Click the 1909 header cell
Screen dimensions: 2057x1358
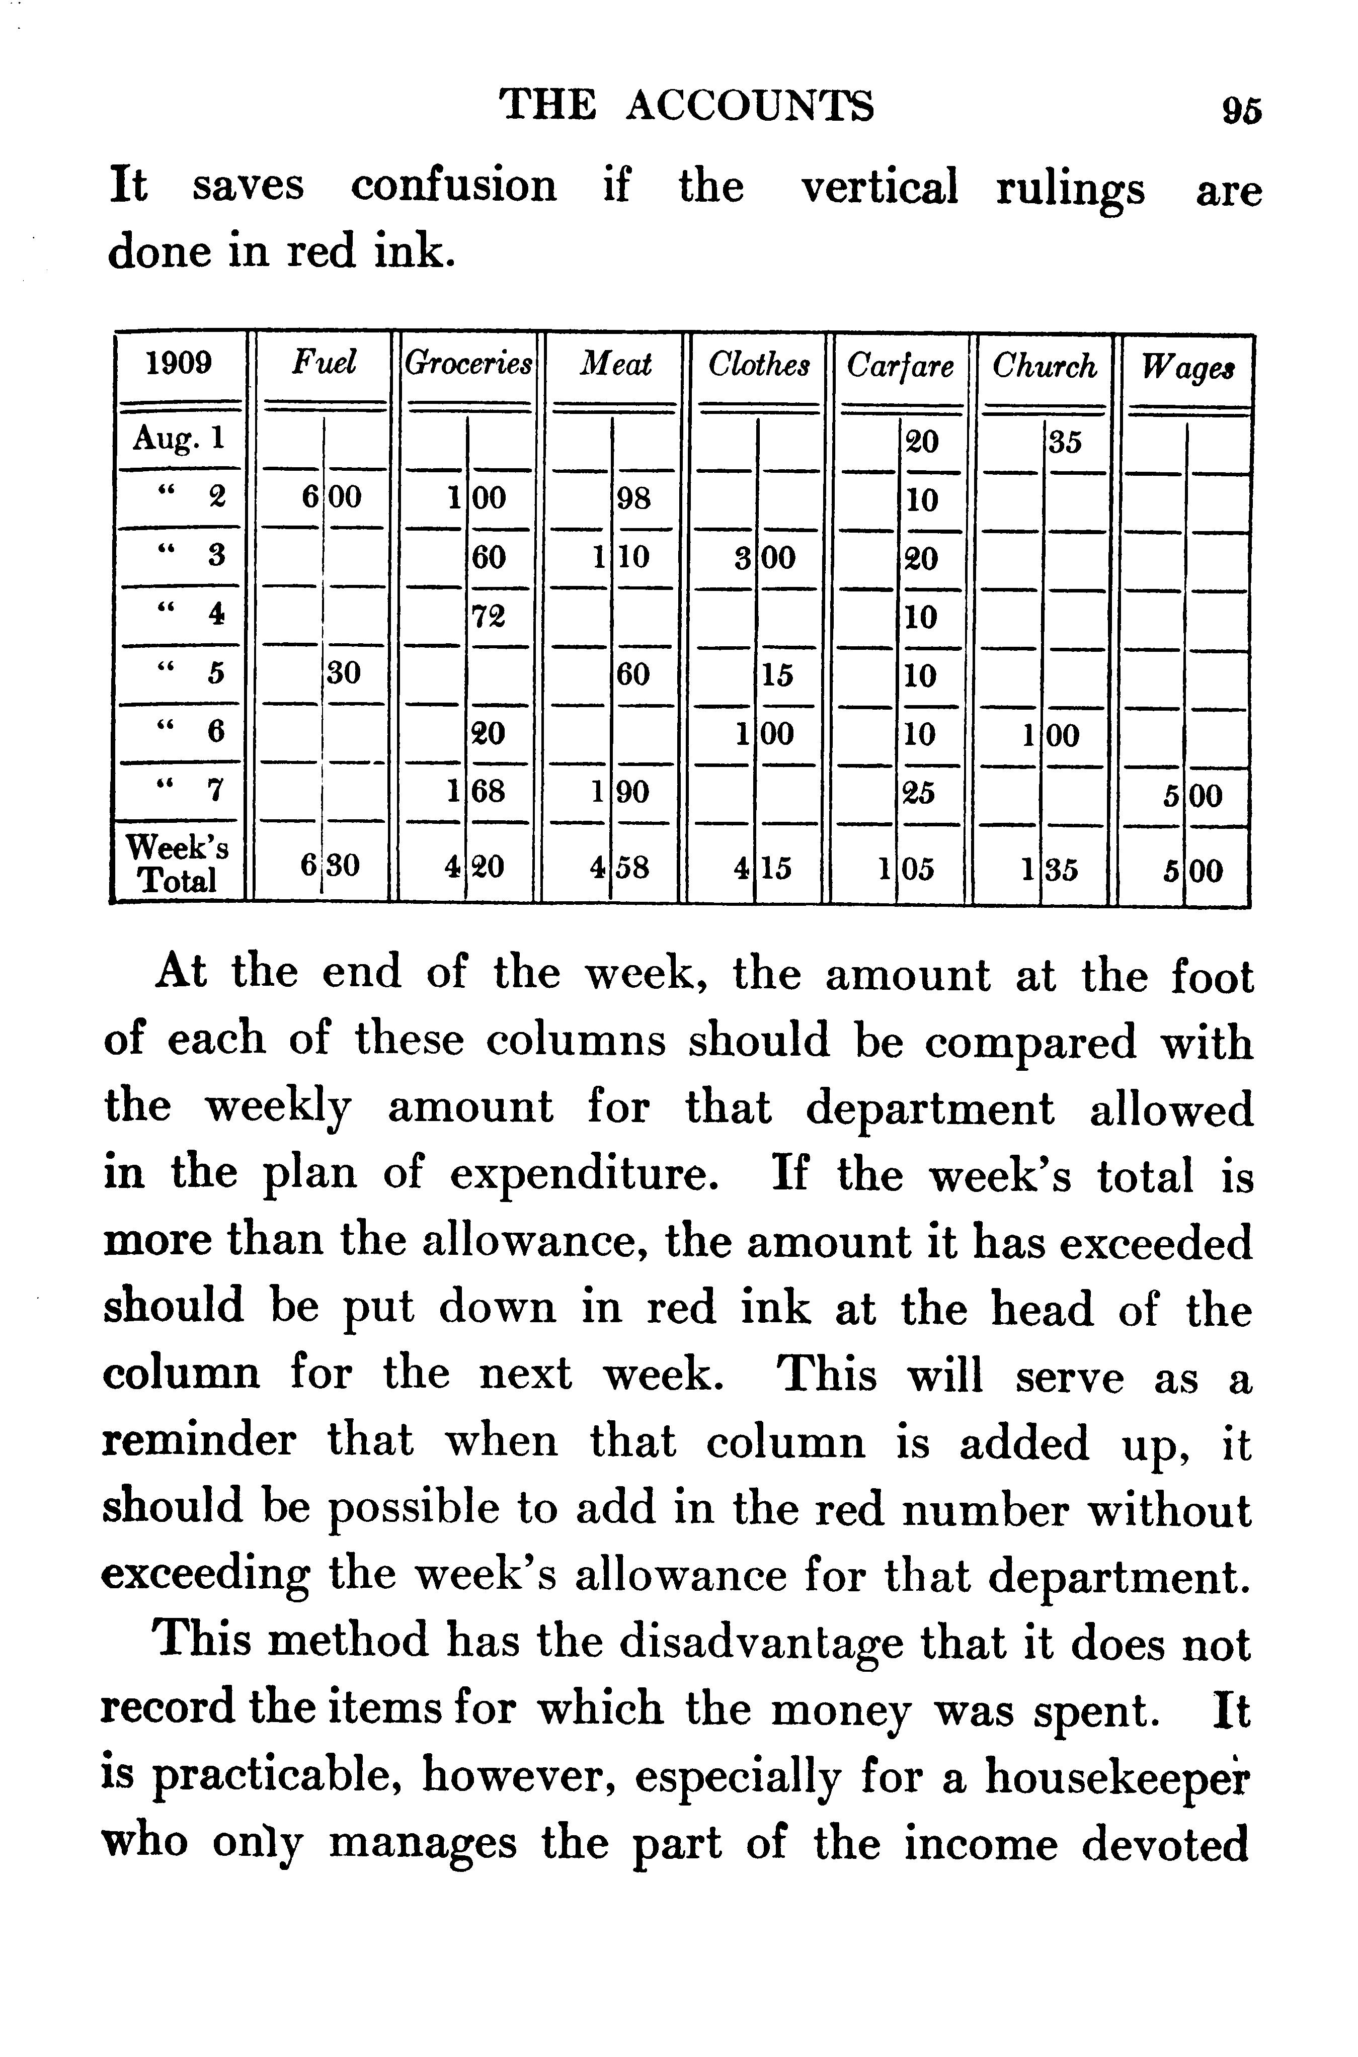pos(179,363)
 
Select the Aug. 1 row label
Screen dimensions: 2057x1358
pos(179,439)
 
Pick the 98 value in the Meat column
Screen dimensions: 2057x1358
pos(633,499)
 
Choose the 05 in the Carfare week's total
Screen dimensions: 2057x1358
pos(920,869)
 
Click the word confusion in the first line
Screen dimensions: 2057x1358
pos(453,186)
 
